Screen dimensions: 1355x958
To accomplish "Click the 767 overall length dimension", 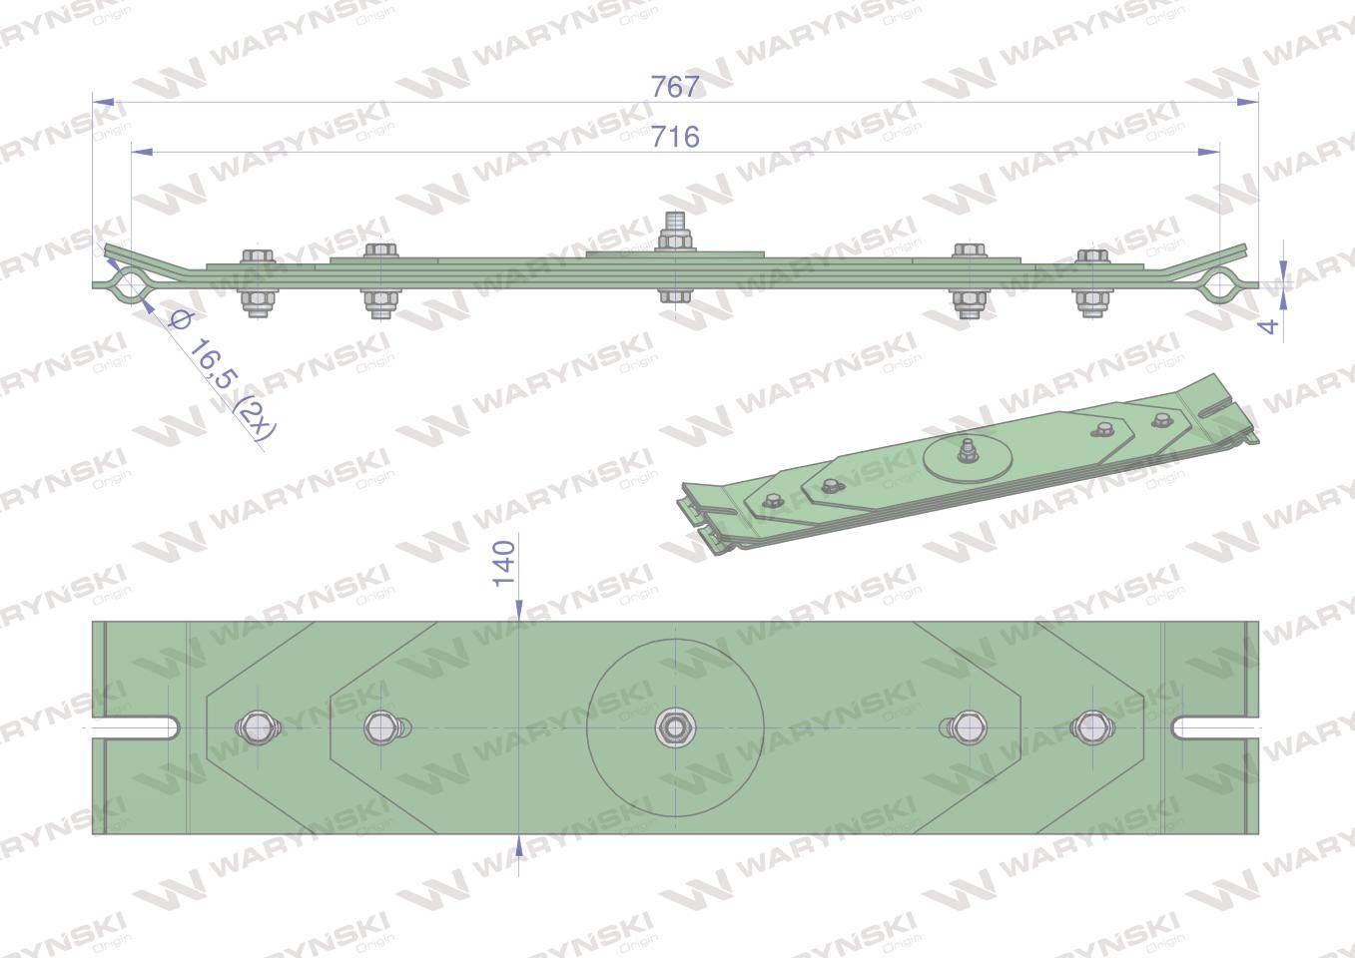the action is (x=675, y=87).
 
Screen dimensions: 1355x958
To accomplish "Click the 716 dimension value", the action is (x=675, y=137).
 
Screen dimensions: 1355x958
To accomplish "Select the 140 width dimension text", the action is (x=504, y=563).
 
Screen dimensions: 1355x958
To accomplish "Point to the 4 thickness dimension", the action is (x=1268, y=325).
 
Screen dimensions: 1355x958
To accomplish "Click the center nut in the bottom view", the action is (x=676, y=727).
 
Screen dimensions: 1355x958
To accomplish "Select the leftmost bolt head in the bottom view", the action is (x=258, y=727).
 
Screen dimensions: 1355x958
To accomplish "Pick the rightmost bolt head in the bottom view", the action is (x=1092, y=727).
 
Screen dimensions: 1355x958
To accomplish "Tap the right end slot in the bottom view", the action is (x=1216, y=727).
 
